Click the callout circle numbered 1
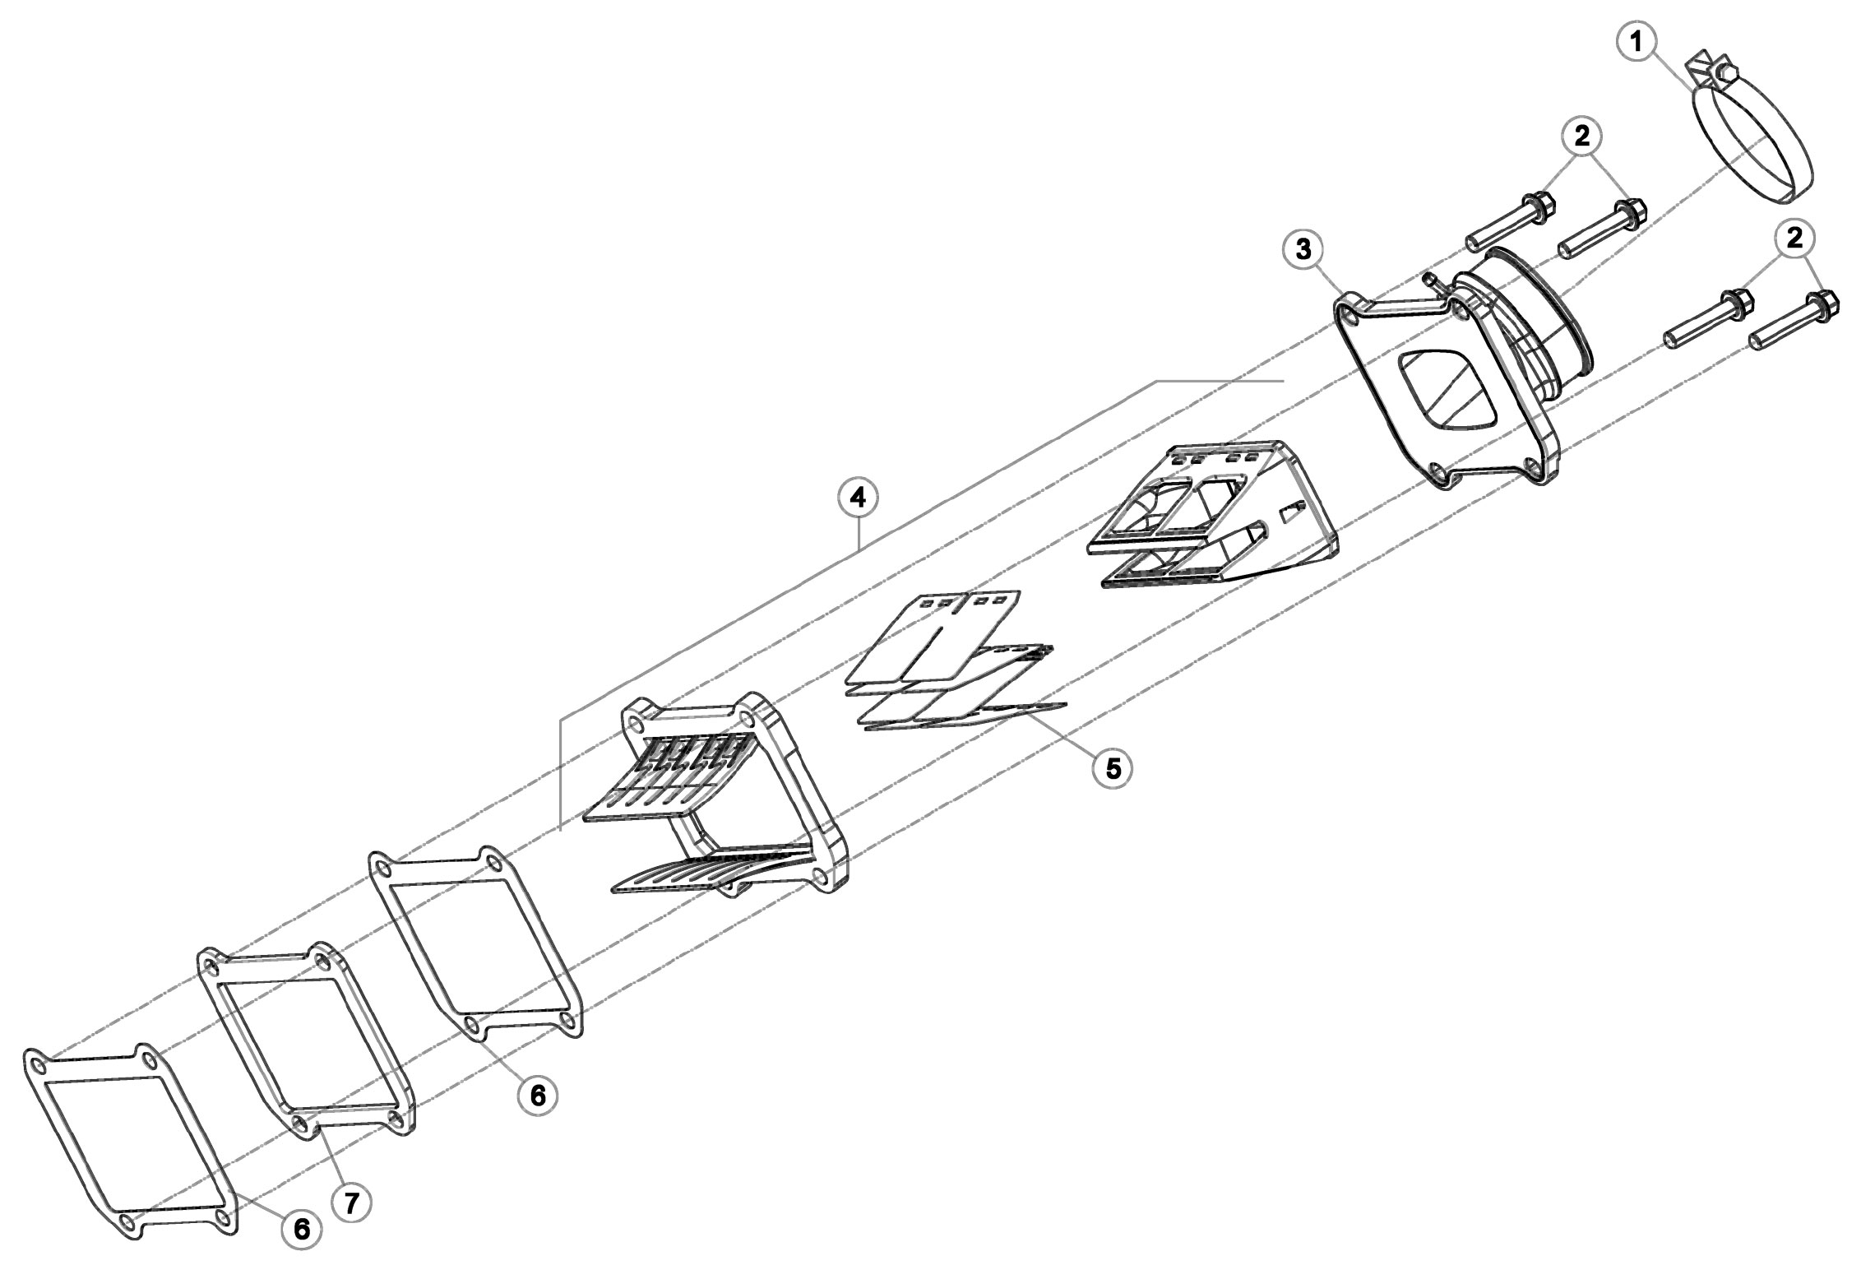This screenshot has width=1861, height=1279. point(1639,42)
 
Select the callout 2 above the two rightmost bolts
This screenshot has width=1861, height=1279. point(1794,239)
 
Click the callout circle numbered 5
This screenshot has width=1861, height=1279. point(1112,767)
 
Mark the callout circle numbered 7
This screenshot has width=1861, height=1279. point(351,1203)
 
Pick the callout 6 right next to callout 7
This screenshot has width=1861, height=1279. point(300,1251)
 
